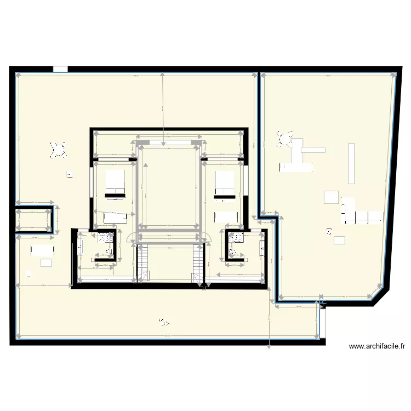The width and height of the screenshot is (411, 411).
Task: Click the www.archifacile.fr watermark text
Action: pyautogui.click(x=377, y=346)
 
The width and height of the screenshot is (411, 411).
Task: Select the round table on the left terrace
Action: pyautogui.click(x=58, y=149)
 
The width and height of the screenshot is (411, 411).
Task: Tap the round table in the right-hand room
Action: pyautogui.click(x=284, y=139)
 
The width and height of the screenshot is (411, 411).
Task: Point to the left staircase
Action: pyautogui.click(x=142, y=263)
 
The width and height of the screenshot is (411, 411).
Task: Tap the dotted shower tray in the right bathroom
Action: pyautogui.click(x=236, y=238)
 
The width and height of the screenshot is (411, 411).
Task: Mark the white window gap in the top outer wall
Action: pyautogui.click(x=60, y=70)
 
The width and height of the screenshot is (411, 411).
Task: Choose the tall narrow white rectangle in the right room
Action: pyautogui.click(x=351, y=163)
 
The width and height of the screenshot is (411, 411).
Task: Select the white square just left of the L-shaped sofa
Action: pyautogui.click(x=331, y=196)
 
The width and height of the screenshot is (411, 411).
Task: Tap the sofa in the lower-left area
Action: pyautogui.click(x=43, y=250)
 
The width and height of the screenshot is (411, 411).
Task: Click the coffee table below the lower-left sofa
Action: pyautogui.click(x=46, y=263)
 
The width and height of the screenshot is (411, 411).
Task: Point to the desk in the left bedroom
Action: pyautogui.click(x=116, y=218)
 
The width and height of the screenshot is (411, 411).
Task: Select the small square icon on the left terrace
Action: pyautogui.click(x=70, y=175)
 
